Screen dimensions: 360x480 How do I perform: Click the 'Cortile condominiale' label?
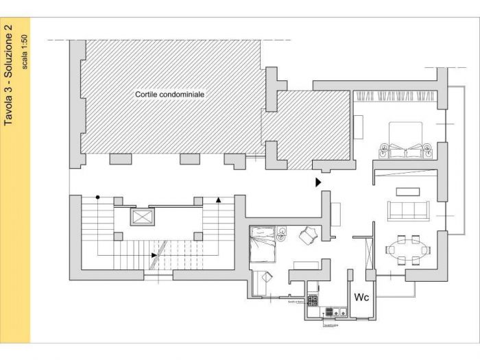click(170, 94)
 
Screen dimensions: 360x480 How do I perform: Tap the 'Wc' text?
click(361, 297)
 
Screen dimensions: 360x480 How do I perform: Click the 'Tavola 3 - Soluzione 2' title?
click(10, 75)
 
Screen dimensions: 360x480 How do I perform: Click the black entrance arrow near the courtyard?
click(317, 182)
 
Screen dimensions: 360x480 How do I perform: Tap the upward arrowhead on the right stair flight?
click(218, 200)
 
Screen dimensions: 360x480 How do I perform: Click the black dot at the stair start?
click(98, 197)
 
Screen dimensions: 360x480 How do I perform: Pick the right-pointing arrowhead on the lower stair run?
click(154, 255)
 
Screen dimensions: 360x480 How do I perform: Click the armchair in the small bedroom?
click(307, 235)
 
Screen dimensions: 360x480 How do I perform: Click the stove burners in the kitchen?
click(313, 299)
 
